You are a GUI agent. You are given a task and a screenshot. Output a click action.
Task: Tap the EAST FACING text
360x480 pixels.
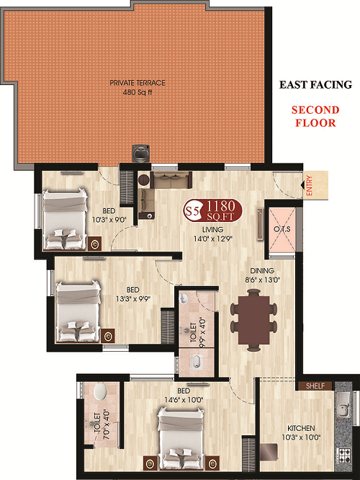315,84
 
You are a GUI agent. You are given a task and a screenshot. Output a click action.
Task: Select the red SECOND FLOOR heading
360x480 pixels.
315,116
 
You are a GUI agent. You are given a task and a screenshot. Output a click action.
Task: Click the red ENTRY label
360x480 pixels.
309,185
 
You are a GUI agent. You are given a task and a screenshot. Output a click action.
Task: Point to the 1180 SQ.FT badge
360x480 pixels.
212,210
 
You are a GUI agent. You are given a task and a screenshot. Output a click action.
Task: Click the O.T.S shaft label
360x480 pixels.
282,229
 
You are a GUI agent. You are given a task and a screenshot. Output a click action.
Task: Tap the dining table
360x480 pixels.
254,320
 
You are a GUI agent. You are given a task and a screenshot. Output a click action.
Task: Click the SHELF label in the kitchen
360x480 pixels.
315,386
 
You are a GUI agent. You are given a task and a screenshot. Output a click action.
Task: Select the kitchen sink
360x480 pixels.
343,405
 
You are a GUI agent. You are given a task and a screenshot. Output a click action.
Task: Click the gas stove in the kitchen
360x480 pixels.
344,455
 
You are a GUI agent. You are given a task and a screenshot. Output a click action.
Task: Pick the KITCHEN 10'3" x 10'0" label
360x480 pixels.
301,432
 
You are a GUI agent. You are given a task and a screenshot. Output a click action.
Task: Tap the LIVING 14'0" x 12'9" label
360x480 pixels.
213,234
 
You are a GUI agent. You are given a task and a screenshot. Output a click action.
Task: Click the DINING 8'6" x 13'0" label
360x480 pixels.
262,275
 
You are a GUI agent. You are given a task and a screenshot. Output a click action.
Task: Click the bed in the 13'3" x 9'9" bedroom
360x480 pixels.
78,311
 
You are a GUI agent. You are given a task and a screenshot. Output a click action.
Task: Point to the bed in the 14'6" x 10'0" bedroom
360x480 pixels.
181,437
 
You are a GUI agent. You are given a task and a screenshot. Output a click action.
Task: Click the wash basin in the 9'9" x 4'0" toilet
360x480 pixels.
184,298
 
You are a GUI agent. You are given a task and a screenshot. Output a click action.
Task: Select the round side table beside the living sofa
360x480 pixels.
143,179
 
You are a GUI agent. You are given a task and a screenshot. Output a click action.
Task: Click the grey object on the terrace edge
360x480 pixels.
140,154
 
